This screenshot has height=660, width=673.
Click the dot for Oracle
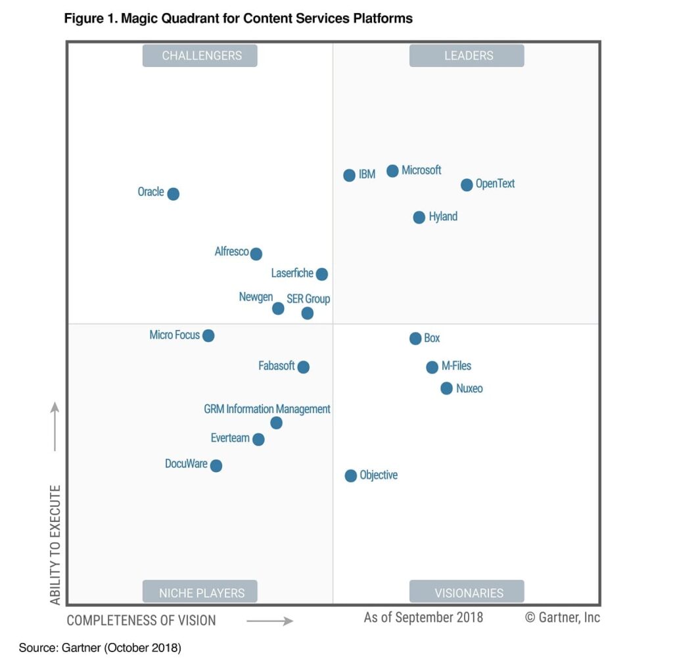point(173,194)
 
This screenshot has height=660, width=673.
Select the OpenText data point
point(467,185)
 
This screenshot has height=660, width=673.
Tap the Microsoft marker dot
point(392,171)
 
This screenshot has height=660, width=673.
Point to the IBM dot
point(350,176)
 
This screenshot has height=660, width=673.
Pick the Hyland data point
point(419,218)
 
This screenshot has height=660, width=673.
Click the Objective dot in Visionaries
point(351,476)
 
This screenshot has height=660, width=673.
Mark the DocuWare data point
point(216,466)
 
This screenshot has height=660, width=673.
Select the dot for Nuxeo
point(446,389)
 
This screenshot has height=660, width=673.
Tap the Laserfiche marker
point(321,274)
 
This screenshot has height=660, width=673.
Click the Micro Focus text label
point(174,335)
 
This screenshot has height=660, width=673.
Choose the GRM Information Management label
point(267,409)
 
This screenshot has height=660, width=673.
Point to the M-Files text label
point(456,366)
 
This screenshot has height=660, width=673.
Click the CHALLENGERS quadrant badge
point(200,56)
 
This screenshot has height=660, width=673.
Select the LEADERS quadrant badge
point(467,56)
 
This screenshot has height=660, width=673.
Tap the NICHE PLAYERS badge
point(200,593)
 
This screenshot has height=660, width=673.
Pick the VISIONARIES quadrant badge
point(467,593)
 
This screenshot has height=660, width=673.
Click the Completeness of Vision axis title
point(141,620)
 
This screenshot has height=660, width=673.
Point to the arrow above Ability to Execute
point(55,427)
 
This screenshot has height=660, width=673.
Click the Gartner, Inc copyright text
point(563,617)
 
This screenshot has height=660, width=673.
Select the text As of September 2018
point(423,617)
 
